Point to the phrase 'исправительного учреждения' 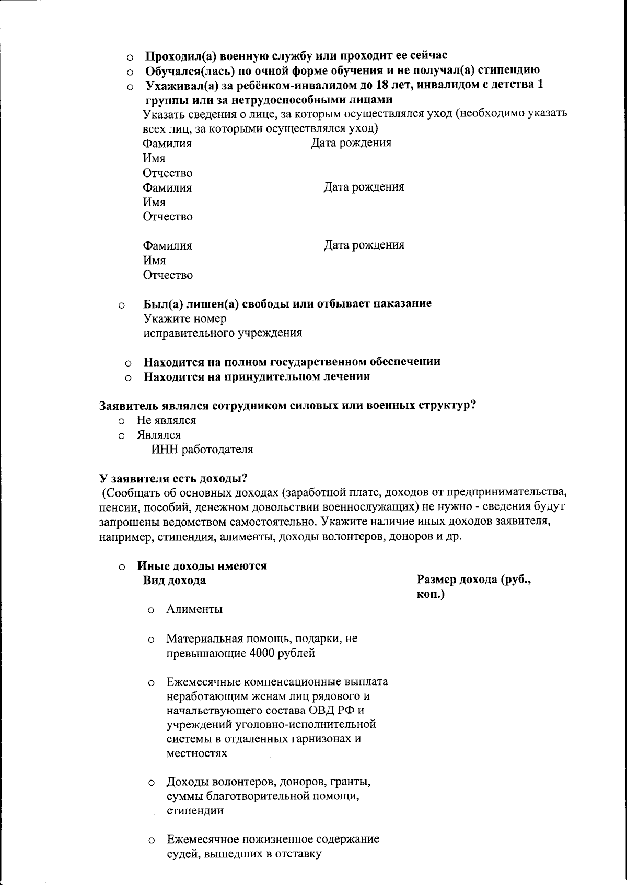pos(223,333)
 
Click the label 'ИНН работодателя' pos(202,450)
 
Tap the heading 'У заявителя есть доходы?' pos(173,478)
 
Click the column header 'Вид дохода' pos(174,580)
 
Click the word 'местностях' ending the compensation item pos(197,753)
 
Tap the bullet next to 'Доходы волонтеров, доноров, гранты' pos(151,784)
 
